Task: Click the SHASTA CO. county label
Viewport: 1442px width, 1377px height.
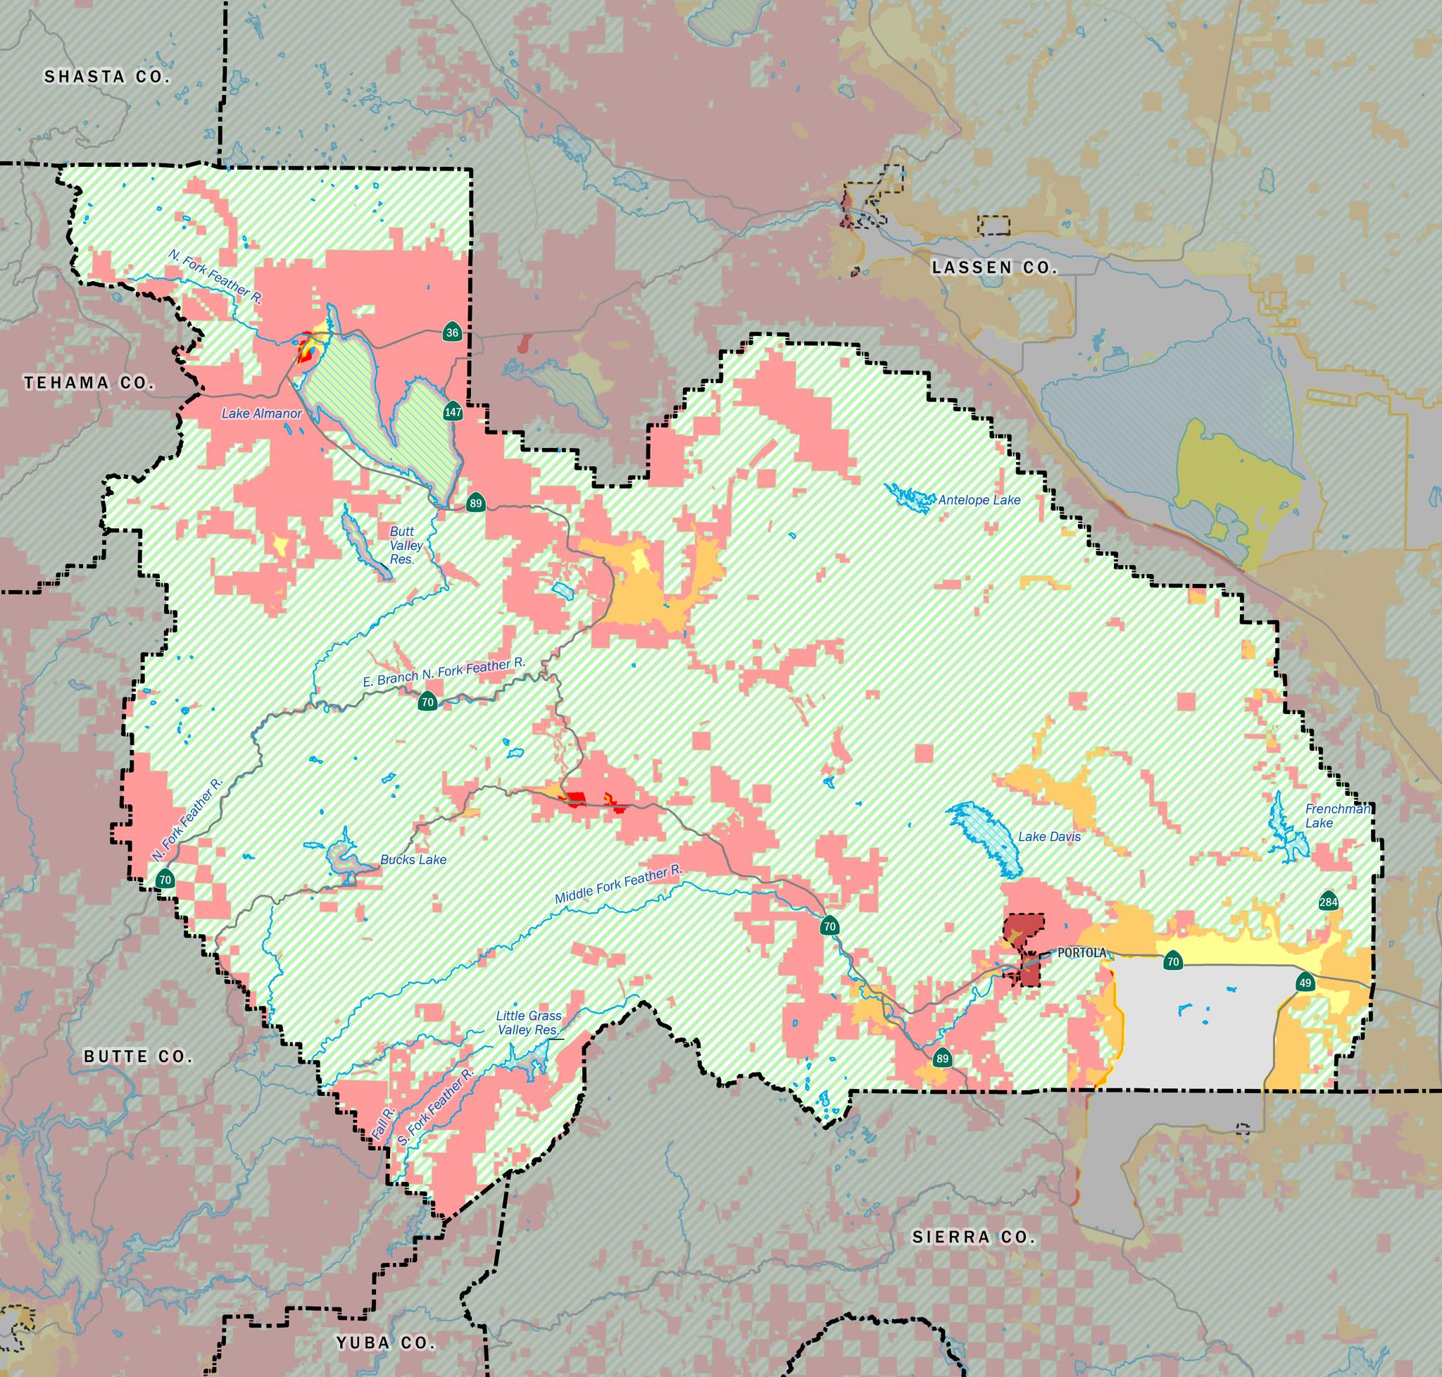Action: click(107, 76)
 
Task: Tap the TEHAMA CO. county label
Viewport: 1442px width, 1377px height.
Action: click(89, 382)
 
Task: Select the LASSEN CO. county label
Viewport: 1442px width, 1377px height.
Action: click(994, 268)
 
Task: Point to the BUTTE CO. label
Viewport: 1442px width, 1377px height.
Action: click(138, 1057)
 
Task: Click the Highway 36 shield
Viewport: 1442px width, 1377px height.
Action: click(452, 333)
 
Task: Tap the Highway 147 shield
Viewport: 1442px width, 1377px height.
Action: click(453, 412)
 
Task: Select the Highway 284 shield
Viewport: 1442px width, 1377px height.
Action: click(1328, 902)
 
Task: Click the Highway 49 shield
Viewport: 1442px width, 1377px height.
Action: click(1305, 983)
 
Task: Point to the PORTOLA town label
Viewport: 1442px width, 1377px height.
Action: click(1081, 953)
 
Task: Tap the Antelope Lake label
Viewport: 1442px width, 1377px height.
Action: click(979, 500)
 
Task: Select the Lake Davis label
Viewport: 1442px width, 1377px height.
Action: click(1048, 836)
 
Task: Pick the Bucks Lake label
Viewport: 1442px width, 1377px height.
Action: click(413, 859)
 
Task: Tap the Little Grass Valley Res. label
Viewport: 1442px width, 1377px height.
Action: click(528, 1023)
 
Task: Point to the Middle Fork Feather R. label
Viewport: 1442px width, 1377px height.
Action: click(618, 885)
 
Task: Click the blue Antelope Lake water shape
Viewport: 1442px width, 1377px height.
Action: click(910, 496)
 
